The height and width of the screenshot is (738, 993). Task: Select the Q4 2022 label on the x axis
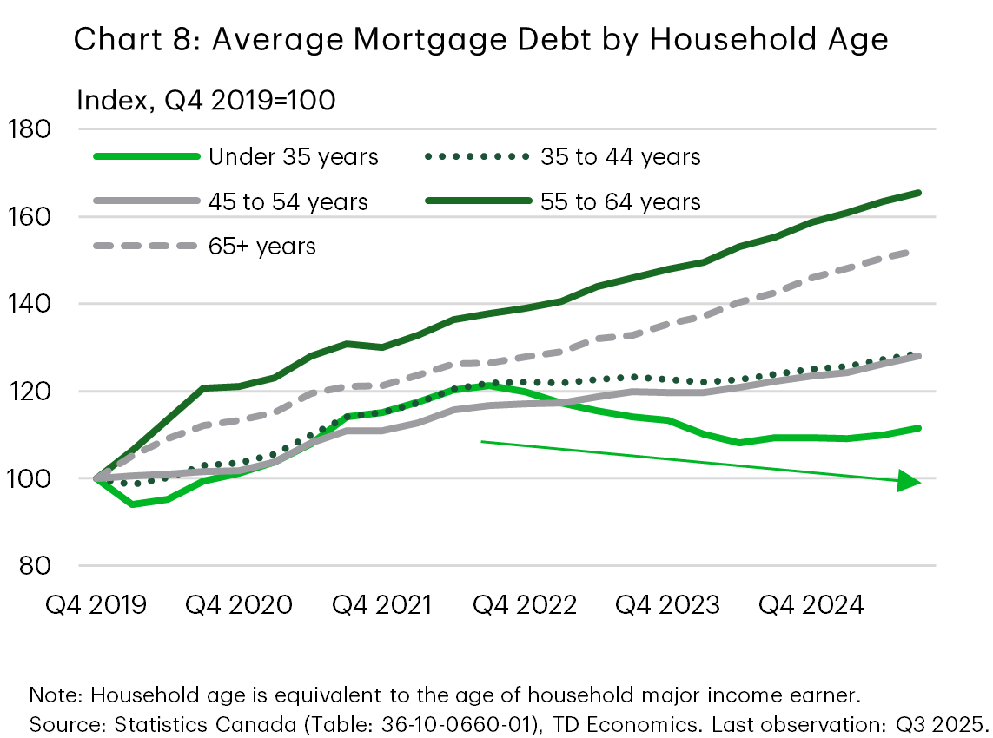525,604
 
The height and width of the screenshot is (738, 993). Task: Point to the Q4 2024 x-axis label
812,604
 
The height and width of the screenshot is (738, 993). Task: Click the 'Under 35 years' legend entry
293,157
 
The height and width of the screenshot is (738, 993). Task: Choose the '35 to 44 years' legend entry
620,157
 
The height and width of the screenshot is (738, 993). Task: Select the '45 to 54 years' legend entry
288,202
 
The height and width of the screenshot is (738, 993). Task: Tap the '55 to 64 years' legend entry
620,202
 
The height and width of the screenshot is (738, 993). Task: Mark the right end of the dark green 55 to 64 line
919,193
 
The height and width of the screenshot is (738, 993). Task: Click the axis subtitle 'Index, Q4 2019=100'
206,101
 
